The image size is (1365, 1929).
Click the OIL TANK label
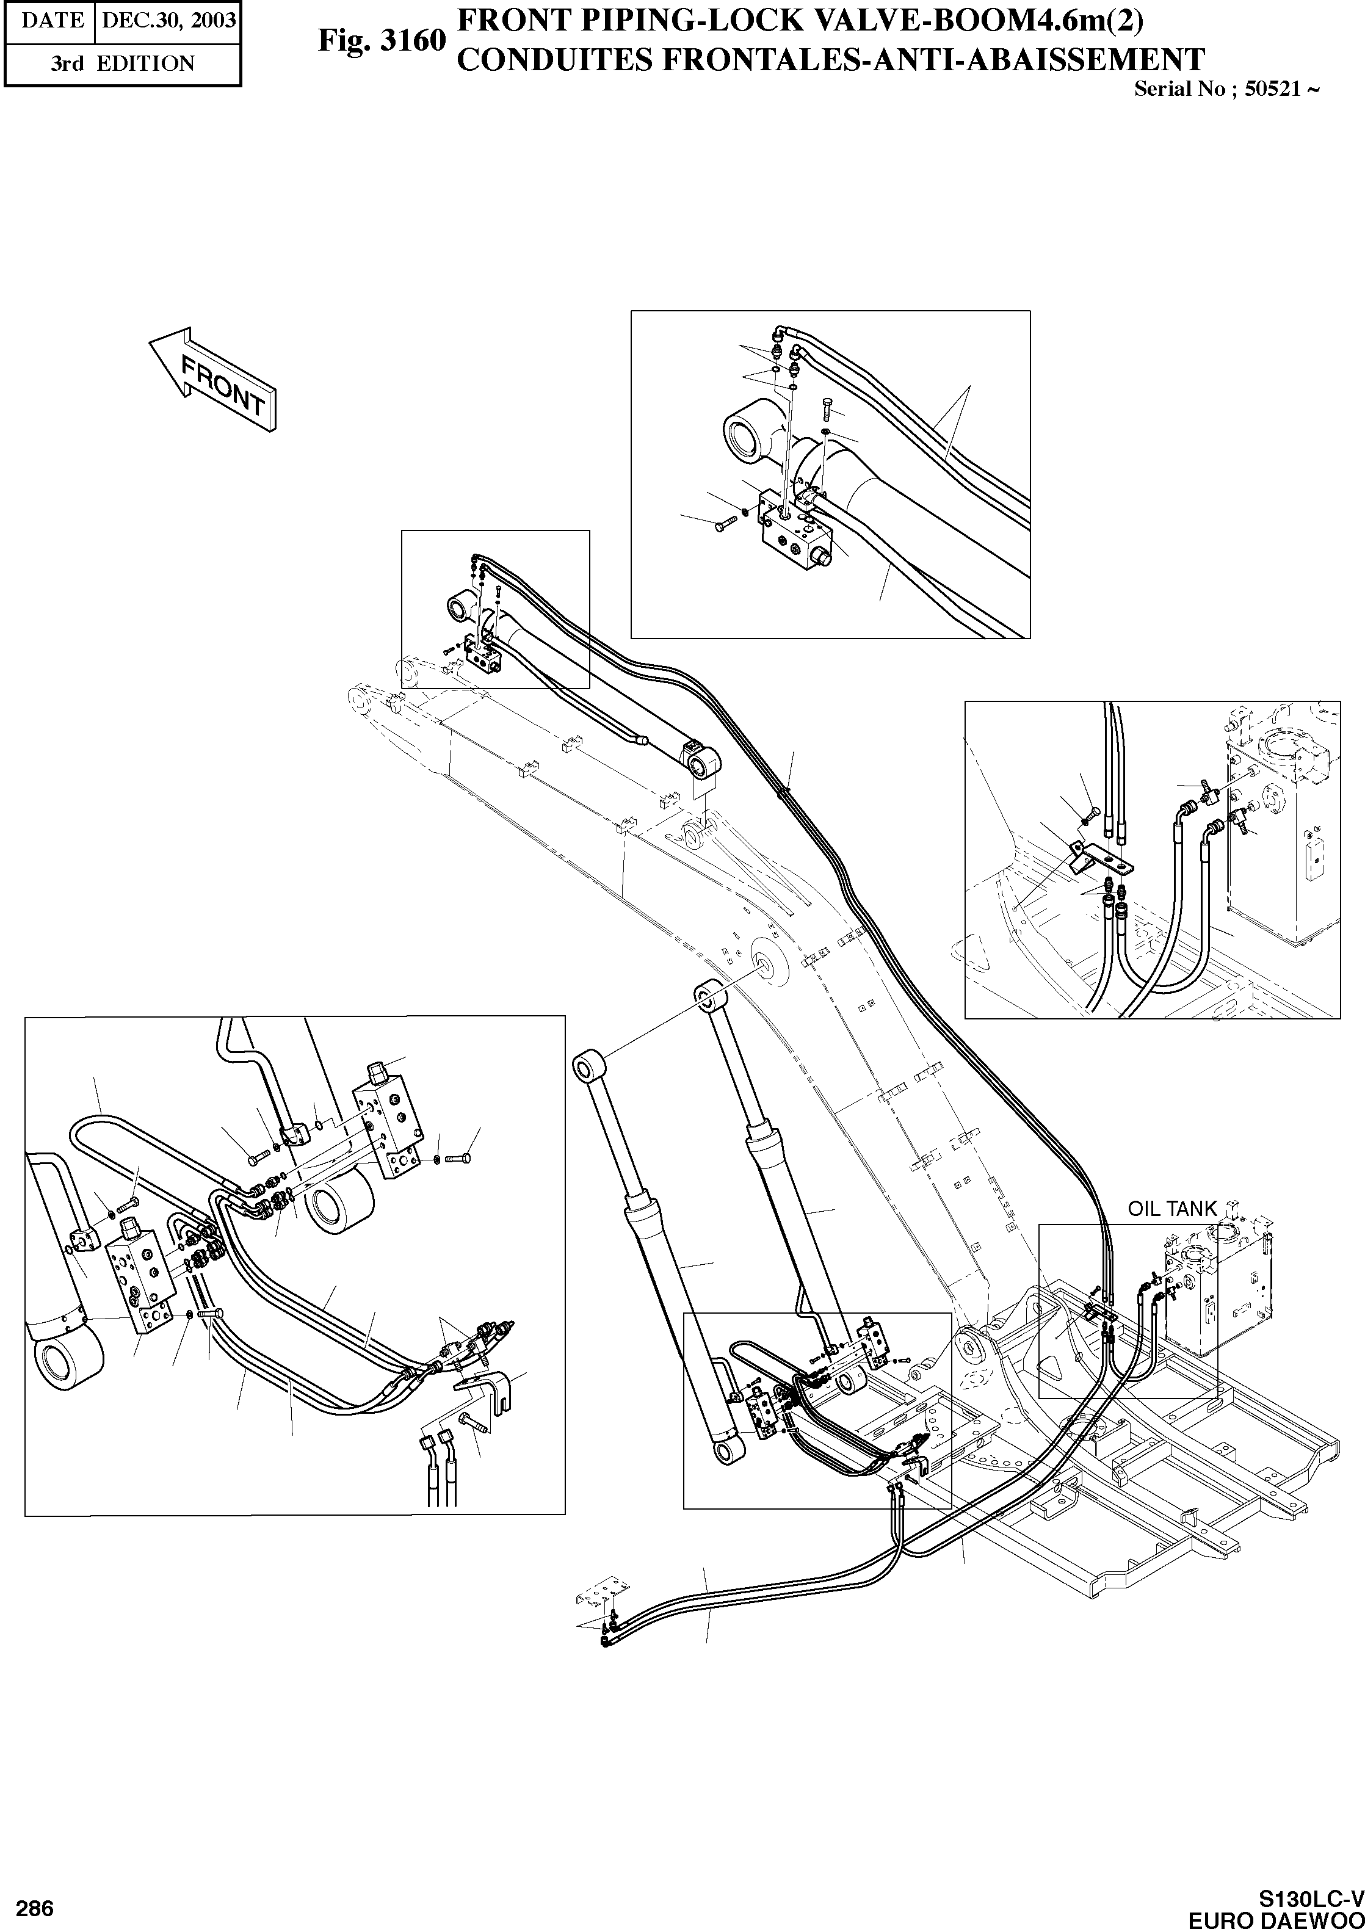[1171, 1209]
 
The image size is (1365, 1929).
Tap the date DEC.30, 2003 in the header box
[168, 20]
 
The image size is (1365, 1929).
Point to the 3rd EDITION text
[122, 64]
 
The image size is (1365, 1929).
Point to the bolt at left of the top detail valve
[725, 524]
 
